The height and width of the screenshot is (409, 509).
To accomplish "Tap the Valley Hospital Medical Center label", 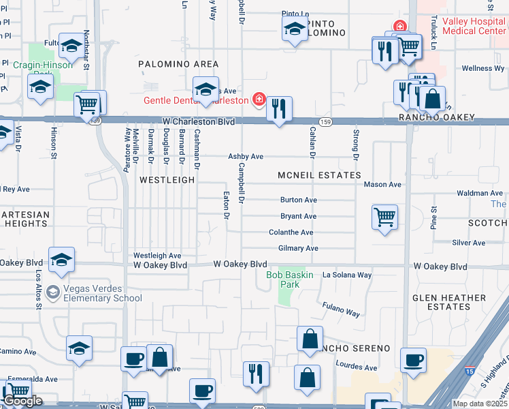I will coord(474,26).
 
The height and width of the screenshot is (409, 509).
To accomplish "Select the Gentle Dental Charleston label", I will coord(195,100).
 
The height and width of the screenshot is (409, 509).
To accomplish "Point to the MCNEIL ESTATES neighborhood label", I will coord(319,175).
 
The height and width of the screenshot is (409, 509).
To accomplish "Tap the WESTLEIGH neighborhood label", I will coord(167,180).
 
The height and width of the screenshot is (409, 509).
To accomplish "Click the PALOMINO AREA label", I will coord(178,63).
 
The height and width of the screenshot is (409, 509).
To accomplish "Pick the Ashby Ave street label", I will coord(246,156).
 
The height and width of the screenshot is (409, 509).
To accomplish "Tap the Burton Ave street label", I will coord(299,200).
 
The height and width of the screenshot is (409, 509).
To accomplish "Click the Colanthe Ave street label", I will coord(291,232).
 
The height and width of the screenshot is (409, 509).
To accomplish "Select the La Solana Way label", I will coord(347,275).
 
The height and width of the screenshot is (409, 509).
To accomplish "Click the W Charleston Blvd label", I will coord(199,121).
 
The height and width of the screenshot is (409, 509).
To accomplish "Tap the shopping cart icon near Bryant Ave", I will coord(384,217).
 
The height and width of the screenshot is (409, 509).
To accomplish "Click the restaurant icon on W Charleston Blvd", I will coord(279,108).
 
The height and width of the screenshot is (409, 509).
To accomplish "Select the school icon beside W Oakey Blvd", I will coord(61,260).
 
